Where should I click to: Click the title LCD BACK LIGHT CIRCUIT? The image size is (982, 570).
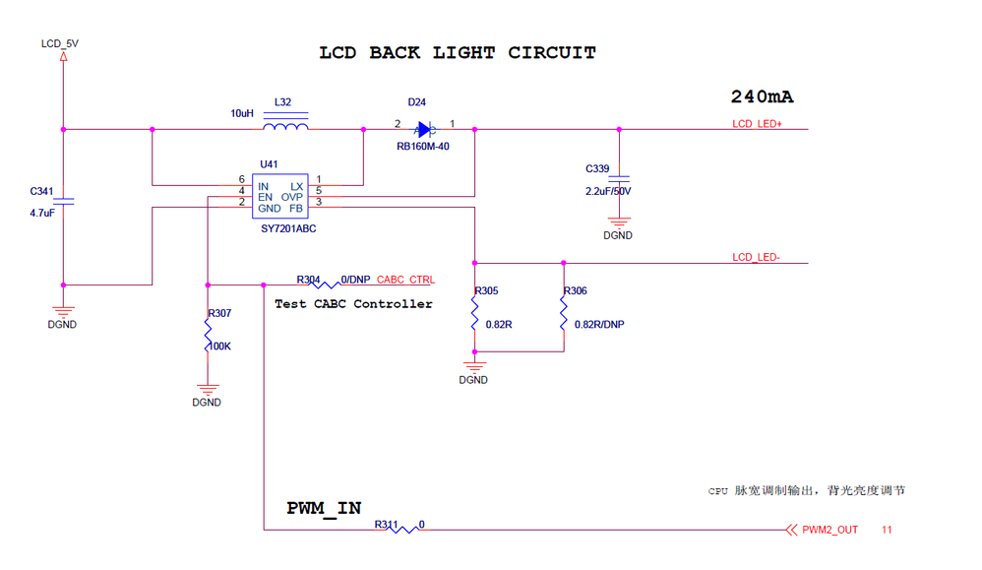458,53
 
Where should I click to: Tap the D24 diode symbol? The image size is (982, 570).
424,129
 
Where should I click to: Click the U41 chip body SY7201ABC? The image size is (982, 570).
280,197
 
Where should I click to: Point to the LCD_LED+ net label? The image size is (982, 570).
757,124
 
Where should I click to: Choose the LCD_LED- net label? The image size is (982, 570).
756,258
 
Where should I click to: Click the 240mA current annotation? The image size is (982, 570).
762,96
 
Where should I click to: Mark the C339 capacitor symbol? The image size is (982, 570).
619,181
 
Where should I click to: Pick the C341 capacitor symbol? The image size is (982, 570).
64,201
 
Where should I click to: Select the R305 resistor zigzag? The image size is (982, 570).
474,314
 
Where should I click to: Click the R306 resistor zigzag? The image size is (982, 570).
564,314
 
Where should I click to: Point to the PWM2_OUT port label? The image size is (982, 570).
829,530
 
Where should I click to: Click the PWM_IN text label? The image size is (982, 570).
324,508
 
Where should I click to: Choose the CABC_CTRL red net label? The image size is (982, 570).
405,281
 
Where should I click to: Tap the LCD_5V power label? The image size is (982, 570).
60,44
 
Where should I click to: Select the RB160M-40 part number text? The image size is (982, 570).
423,148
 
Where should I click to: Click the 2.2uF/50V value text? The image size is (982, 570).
608,191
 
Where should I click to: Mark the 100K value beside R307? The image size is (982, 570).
219,347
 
